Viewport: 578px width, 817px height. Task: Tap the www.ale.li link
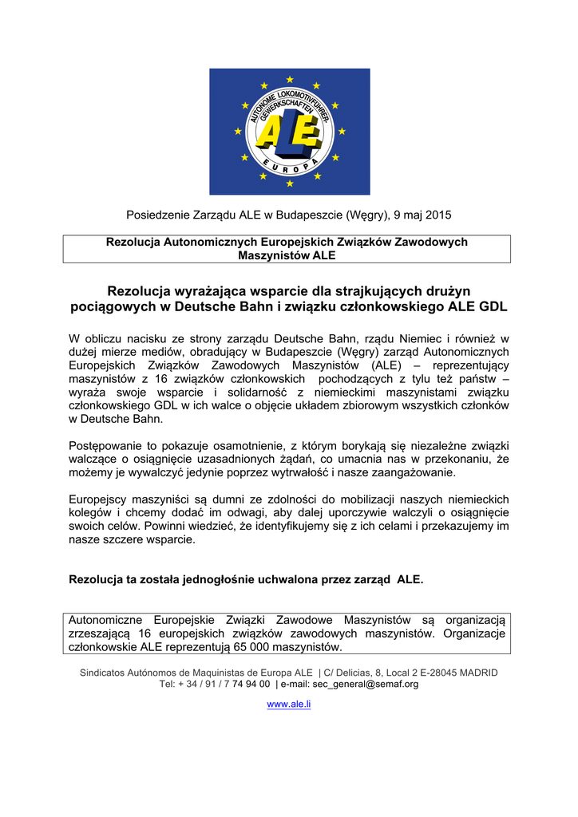(x=288, y=705)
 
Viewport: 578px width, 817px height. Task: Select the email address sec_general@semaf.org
(x=366, y=684)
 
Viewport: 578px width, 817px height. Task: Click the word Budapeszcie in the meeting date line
(x=303, y=215)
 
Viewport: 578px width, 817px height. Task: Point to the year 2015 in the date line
(x=438, y=215)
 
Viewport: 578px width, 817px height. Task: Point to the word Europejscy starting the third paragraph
(x=100, y=499)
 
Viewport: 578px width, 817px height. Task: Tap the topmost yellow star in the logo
(x=289, y=80)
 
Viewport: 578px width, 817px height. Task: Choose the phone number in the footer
(x=226, y=684)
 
